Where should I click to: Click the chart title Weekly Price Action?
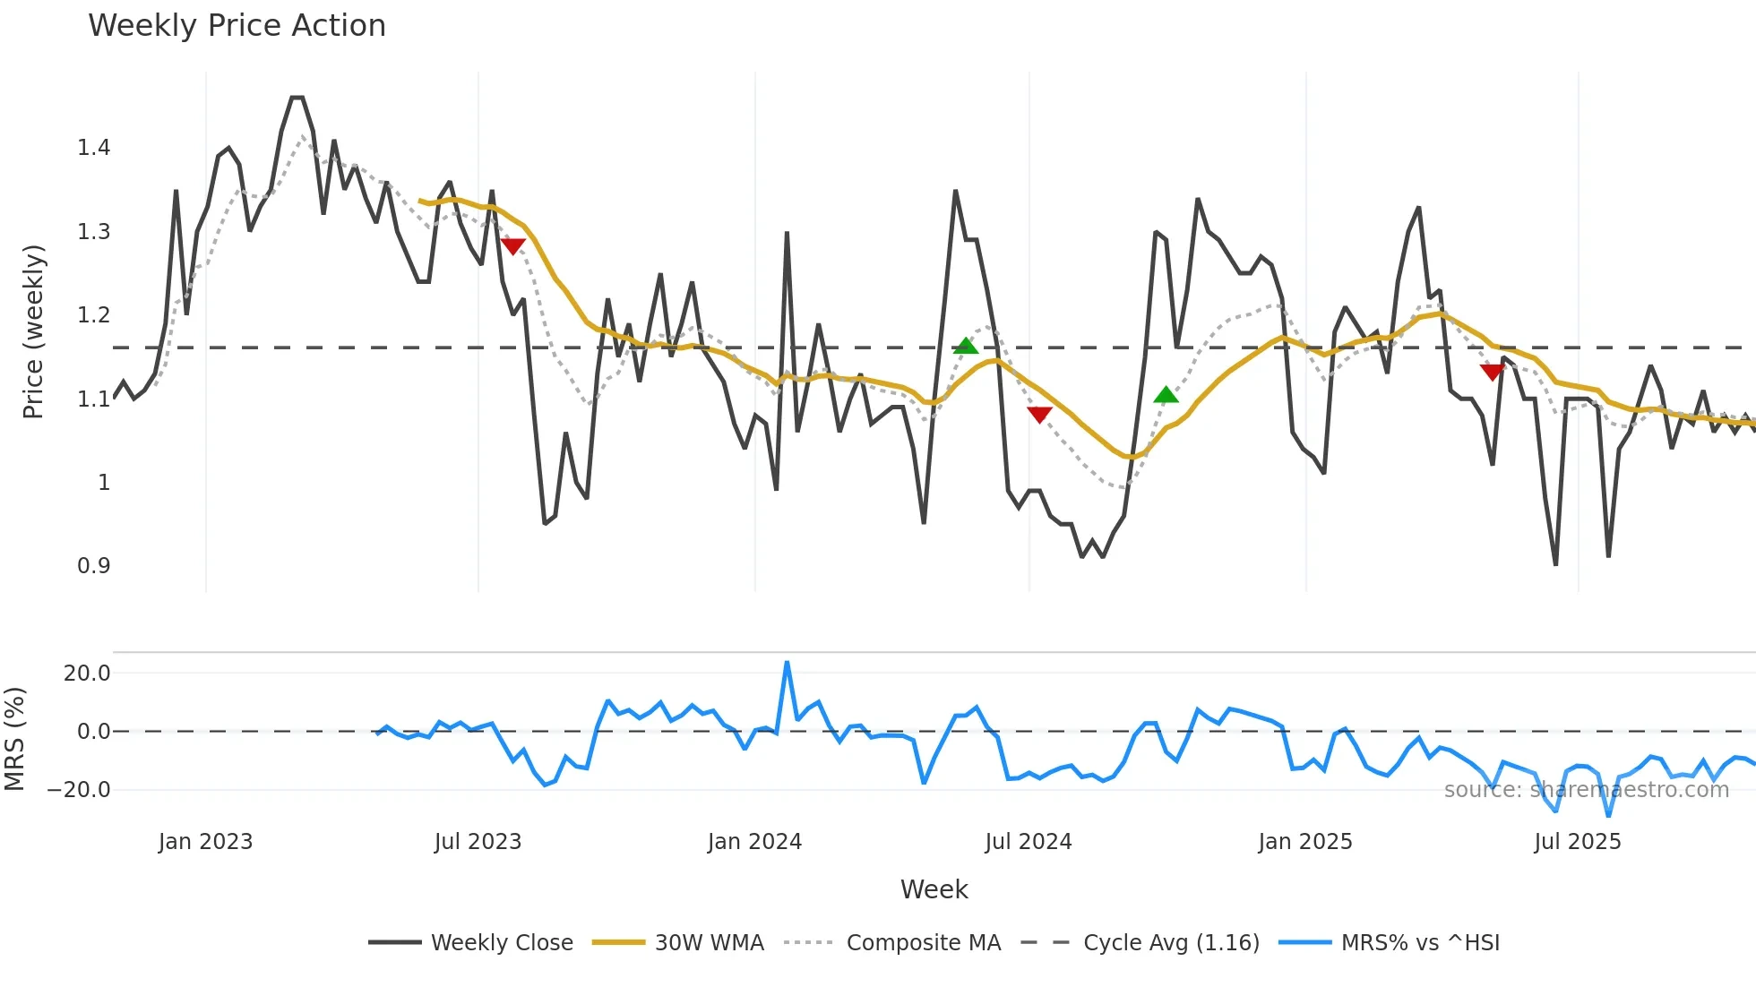click(237, 26)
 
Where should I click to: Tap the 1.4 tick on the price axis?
click(93, 148)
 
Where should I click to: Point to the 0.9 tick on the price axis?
click(93, 566)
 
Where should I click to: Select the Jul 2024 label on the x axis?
click(1028, 842)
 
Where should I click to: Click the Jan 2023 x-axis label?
click(205, 842)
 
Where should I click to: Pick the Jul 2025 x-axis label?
click(1577, 842)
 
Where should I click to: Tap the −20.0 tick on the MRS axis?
click(79, 790)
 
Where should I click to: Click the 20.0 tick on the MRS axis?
click(86, 674)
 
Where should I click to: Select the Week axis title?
click(934, 889)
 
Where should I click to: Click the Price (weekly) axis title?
click(33, 331)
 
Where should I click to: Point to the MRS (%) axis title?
click(14, 739)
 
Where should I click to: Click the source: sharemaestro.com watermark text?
click(1586, 790)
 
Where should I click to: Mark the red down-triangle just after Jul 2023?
click(512, 246)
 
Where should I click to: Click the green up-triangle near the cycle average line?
click(965, 346)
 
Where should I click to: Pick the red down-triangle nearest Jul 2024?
click(1039, 415)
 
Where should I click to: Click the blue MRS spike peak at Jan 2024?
click(787, 664)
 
